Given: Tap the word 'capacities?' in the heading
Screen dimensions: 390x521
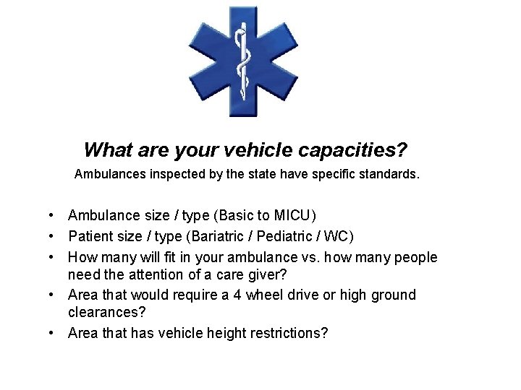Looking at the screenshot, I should (x=357, y=150).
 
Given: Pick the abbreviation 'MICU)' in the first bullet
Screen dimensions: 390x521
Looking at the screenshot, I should (x=296, y=215).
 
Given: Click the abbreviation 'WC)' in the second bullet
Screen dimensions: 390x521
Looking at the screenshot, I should (x=340, y=236).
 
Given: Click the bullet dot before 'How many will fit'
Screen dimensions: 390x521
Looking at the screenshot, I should (x=54, y=258).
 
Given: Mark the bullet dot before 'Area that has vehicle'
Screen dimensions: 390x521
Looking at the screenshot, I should (x=54, y=334).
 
